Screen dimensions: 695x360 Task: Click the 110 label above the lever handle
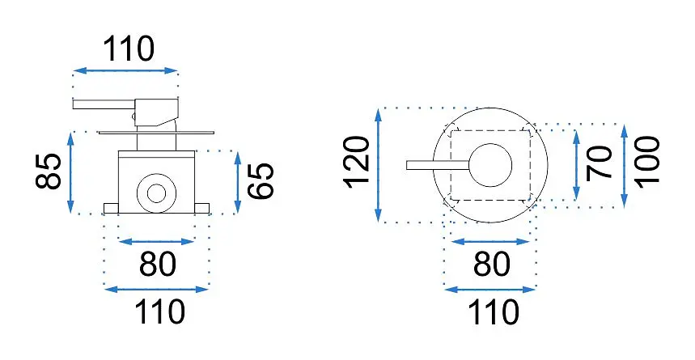pos(129,49)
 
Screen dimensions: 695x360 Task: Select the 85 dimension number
pos(49,172)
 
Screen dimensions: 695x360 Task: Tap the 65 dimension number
pos(261,180)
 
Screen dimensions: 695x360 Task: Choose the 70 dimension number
pos(599,163)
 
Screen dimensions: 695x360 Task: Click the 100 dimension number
pos(646,163)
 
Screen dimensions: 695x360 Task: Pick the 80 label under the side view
pos(158,265)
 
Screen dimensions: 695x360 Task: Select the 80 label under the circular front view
pos(492,265)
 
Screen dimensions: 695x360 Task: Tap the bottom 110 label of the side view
pos(159,312)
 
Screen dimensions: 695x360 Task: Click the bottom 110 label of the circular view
pos(494,312)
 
